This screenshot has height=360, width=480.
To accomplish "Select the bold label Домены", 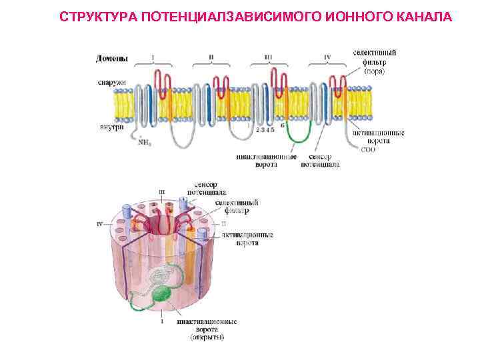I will (113, 59).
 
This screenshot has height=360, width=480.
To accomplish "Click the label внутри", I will (111, 127).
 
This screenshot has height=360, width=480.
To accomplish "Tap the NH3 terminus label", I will (144, 141).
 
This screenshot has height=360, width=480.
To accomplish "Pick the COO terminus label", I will (369, 149).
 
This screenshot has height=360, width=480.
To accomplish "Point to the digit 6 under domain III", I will (283, 125).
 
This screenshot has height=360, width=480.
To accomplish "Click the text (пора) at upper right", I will (373, 71).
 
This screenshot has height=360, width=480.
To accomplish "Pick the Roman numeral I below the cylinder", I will (162, 321).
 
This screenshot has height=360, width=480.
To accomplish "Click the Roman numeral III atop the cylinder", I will (162, 192).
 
